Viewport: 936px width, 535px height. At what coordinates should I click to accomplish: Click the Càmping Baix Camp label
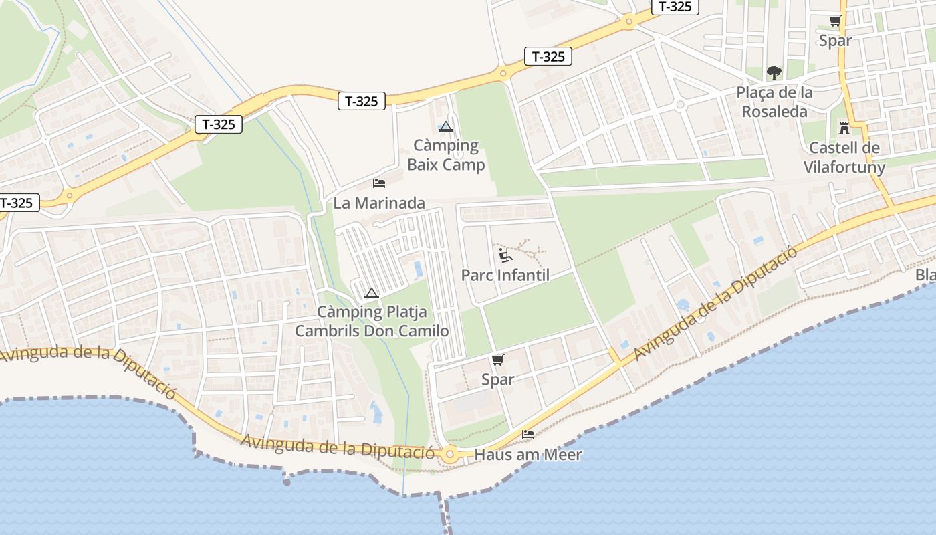[446, 155]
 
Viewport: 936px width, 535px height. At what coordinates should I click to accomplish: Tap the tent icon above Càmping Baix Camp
[446, 126]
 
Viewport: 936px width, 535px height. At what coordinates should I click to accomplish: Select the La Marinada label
[379, 203]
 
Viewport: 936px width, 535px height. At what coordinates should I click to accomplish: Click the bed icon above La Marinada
[379, 183]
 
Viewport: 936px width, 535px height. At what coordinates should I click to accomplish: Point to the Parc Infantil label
[505, 275]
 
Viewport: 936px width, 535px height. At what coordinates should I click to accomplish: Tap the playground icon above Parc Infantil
[505, 255]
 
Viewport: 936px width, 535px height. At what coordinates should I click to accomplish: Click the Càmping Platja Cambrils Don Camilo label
[372, 322]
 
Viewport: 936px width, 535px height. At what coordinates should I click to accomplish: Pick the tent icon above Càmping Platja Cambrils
[372, 293]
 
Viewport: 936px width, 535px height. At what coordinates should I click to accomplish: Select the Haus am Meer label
[528, 455]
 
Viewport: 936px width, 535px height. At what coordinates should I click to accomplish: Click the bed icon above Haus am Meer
[528, 435]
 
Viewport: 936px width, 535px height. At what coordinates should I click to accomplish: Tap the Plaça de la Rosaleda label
[775, 102]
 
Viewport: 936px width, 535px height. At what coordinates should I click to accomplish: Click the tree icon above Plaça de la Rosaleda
[774, 72]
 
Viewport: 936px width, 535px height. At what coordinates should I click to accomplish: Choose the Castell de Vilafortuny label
[844, 157]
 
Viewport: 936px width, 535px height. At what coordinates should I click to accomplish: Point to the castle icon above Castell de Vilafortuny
[844, 128]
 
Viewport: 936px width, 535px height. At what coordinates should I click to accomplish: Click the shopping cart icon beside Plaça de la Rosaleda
[835, 21]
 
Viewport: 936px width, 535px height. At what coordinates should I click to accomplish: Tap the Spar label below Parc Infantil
[498, 380]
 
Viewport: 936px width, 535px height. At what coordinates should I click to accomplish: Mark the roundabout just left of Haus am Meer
[450, 455]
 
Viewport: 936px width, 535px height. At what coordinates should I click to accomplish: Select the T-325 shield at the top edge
[675, 7]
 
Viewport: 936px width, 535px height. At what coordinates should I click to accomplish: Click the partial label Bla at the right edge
[926, 276]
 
